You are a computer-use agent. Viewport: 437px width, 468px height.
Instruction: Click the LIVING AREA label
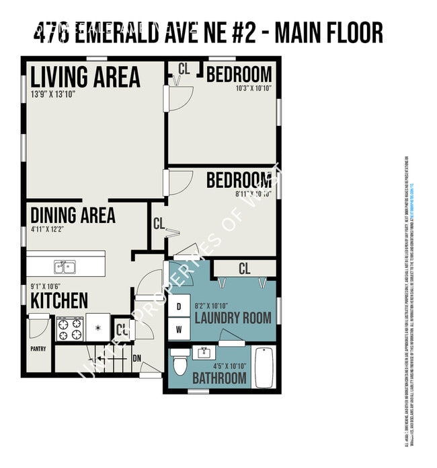point(85,76)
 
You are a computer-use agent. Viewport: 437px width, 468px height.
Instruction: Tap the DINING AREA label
point(73,215)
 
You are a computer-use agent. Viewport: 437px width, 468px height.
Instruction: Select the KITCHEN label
point(59,300)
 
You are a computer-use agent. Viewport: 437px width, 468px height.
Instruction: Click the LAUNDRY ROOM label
point(233,317)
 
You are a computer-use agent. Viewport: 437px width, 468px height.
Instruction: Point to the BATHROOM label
point(219,378)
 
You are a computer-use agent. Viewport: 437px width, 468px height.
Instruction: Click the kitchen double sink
point(65,267)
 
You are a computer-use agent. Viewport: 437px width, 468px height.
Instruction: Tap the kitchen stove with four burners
point(69,328)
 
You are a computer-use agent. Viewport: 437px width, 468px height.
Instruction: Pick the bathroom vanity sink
point(203,352)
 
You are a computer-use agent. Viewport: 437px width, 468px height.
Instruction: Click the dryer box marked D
point(179,306)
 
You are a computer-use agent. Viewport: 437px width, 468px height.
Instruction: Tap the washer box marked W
point(179,329)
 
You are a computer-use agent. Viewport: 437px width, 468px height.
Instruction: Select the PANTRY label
point(38,349)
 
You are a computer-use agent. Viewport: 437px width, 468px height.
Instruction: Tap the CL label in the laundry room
point(244,269)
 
